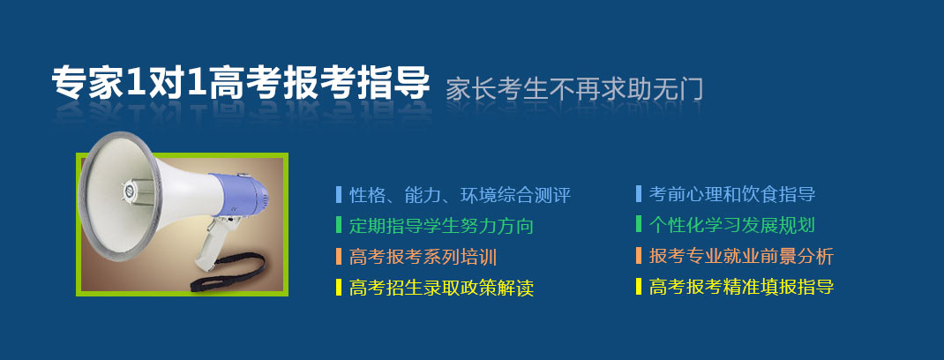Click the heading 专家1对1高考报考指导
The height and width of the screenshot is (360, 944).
point(241,82)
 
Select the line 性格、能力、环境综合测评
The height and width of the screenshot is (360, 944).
point(460,195)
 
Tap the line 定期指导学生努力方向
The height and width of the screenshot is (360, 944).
point(441,226)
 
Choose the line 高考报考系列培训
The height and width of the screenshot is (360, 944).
point(423,257)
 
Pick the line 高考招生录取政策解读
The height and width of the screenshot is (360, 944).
point(441,288)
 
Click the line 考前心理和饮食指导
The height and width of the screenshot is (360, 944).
point(732,194)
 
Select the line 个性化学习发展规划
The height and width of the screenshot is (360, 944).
point(732,225)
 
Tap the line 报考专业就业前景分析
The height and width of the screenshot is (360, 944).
point(741,256)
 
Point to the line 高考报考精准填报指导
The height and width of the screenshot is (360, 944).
point(741,287)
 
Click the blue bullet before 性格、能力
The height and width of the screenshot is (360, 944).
point(339,195)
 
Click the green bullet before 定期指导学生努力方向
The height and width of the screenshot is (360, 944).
point(339,225)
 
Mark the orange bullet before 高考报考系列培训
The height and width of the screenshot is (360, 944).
point(339,257)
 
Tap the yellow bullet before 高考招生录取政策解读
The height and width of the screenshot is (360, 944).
point(339,287)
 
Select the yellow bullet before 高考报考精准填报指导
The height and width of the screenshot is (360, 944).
point(639,286)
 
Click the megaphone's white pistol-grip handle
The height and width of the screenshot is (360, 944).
point(212,244)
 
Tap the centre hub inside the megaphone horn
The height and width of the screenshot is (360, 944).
point(128,191)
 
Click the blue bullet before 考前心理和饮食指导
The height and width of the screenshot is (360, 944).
point(639,194)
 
